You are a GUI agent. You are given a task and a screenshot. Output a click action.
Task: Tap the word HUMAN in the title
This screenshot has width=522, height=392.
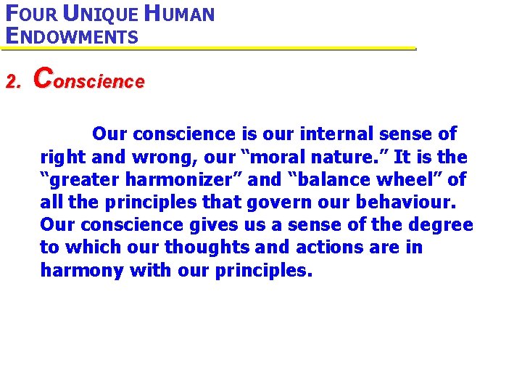[x=178, y=14]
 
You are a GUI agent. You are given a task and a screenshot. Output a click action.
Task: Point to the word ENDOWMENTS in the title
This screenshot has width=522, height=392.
[x=71, y=36]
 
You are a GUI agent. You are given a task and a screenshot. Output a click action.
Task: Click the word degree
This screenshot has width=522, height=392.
[x=444, y=224]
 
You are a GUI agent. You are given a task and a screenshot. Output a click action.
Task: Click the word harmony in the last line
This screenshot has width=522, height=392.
[x=82, y=270]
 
